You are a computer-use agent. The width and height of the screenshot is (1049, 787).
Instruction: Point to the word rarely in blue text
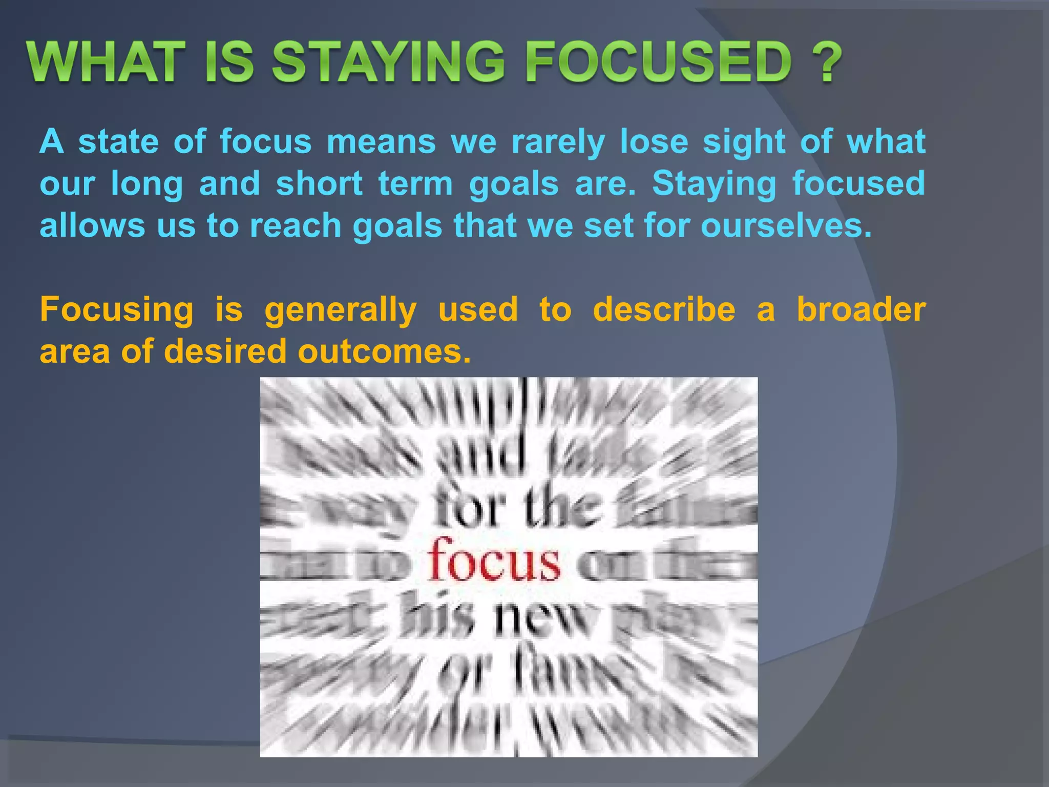pos(558,142)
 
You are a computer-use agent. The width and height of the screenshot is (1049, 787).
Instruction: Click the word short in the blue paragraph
pos(320,183)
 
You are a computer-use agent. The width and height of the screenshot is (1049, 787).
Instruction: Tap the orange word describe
pos(664,309)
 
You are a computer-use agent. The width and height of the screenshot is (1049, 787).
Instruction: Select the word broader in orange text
pos(861,309)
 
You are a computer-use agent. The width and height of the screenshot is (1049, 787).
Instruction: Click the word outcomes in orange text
pos(384,352)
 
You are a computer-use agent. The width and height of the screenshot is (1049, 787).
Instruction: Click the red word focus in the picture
pos(494,561)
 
